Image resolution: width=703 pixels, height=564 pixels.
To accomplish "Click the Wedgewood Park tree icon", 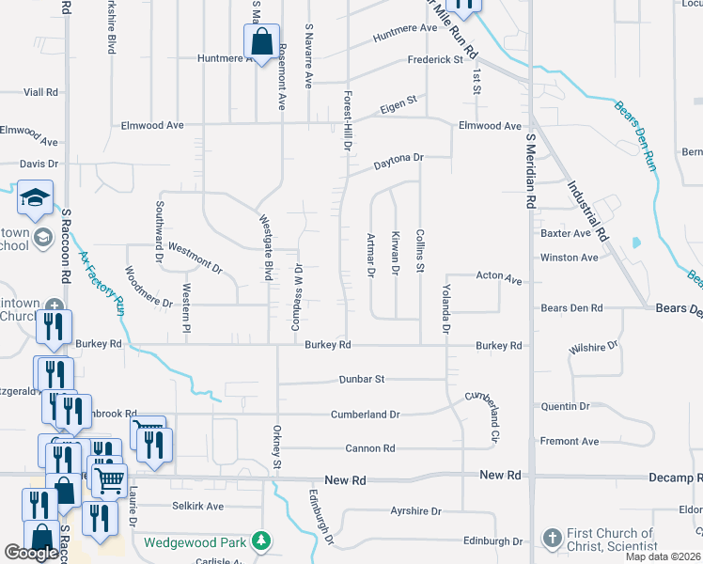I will click(x=262, y=541).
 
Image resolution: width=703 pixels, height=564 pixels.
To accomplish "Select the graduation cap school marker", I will click(x=35, y=198).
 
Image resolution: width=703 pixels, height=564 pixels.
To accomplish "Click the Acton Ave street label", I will click(x=498, y=279).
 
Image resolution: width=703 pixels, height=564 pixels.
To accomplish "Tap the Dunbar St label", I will click(x=362, y=380).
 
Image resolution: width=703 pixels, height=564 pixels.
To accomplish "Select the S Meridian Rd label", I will click(x=530, y=170).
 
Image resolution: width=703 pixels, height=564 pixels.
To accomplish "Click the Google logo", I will click(x=31, y=553).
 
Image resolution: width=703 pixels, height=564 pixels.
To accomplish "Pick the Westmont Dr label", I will click(x=195, y=259).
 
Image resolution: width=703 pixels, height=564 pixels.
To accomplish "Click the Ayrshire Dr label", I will click(x=415, y=511).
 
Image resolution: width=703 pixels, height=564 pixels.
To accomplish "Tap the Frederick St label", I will click(x=435, y=59).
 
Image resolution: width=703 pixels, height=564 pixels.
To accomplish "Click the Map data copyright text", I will click(x=662, y=556).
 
